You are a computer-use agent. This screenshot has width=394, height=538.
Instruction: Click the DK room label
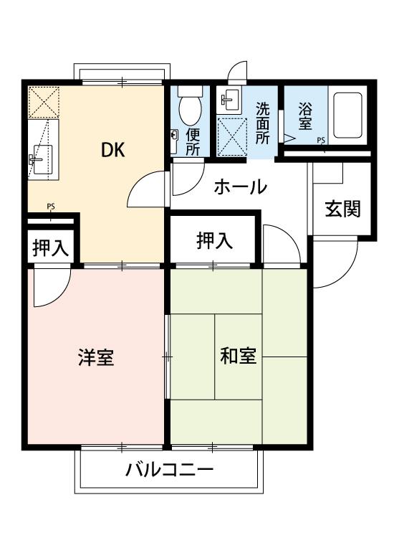(112, 150)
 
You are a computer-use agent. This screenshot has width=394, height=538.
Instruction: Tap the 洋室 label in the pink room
(96, 357)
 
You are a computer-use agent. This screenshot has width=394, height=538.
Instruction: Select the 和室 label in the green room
(238, 357)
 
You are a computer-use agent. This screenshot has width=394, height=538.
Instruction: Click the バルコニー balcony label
(170, 471)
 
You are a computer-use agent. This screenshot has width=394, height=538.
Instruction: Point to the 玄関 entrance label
(342, 209)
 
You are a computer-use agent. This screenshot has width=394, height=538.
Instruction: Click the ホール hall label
(241, 187)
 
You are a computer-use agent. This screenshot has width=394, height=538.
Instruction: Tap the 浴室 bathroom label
(305, 118)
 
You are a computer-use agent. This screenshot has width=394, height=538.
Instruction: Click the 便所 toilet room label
(193, 141)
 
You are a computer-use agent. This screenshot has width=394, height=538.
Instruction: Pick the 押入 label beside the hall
(214, 241)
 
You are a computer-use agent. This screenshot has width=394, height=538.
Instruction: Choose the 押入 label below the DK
(50, 248)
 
